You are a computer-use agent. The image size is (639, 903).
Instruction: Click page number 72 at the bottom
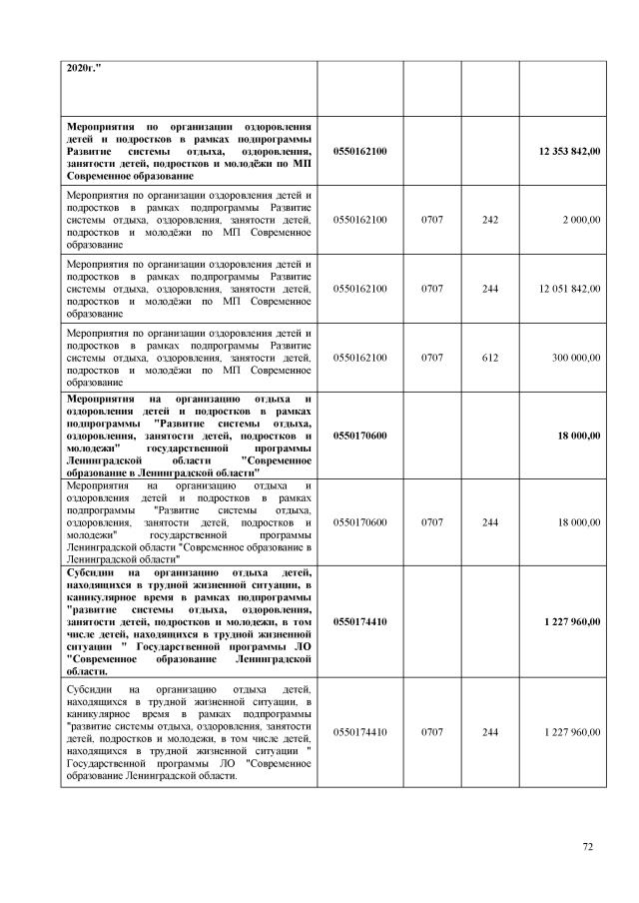coord(588,847)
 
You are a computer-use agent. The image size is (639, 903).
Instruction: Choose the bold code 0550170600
coord(360,436)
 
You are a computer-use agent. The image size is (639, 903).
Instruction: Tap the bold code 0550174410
coord(360,621)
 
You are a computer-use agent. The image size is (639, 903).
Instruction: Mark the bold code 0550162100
coord(360,150)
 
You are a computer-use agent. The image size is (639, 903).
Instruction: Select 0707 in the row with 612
coord(431,357)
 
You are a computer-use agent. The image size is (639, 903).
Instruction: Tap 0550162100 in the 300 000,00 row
coord(360,357)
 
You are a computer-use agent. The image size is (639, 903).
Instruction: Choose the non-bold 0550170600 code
coord(360,521)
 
